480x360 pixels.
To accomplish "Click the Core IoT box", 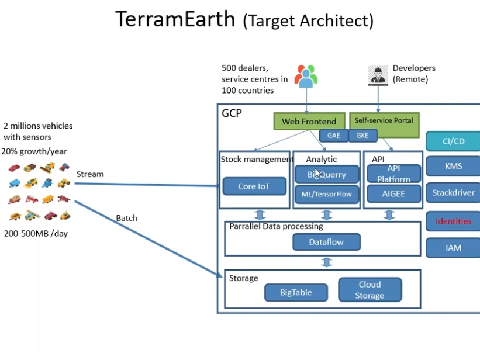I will click(x=254, y=186).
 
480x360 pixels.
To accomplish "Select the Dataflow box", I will click(x=326, y=241).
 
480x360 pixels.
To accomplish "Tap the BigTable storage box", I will click(x=296, y=292).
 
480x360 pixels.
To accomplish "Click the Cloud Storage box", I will click(x=370, y=290).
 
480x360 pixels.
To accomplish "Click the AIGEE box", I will click(x=393, y=193).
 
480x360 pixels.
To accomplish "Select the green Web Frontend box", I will click(x=309, y=121).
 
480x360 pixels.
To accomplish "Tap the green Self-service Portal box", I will click(x=384, y=121).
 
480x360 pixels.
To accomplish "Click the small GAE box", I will click(x=333, y=136).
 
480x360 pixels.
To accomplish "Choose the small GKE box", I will click(x=362, y=136).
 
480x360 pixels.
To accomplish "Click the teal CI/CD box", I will click(x=453, y=141).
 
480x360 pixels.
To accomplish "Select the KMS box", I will click(x=453, y=166).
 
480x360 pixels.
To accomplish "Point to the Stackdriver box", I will click(x=453, y=192).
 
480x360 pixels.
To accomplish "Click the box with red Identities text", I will click(x=453, y=221).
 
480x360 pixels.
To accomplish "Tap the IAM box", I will click(x=453, y=248).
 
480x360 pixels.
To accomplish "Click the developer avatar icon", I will click(x=378, y=75).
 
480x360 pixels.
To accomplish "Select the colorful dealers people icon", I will click(x=306, y=76).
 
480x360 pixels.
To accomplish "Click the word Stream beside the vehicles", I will click(x=90, y=174).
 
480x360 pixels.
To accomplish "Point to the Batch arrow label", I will click(x=126, y=218).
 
